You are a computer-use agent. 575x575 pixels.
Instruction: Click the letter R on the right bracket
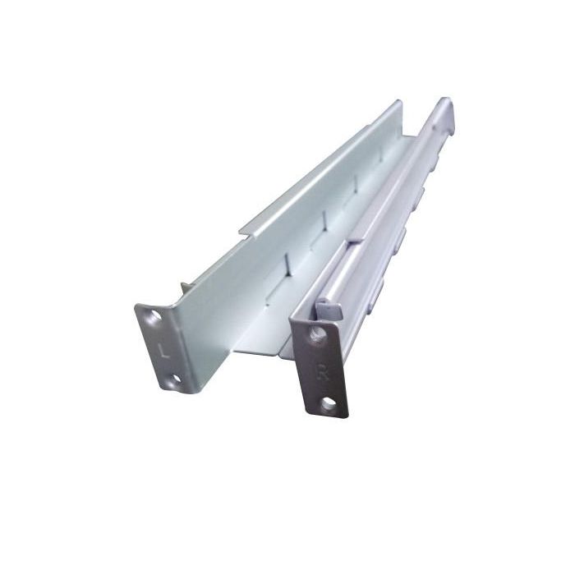point(321,369)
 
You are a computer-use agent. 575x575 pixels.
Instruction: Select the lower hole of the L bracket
point(175,379)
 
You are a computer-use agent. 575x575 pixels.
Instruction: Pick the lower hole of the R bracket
point(329,403)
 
